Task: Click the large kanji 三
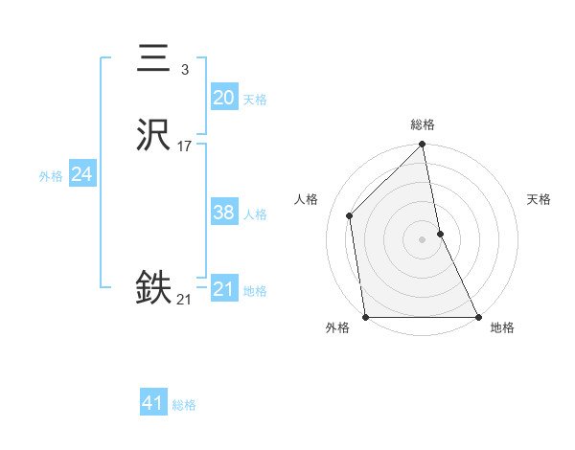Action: [153, 59]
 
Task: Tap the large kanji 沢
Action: [153, 137]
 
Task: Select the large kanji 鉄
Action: [153, 288]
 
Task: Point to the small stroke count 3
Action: [184, 70]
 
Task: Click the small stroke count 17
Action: [184, 146]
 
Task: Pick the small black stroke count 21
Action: [184, 300]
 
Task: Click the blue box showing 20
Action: [223, 98]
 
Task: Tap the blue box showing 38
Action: [223, 213]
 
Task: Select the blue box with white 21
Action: [223, 289]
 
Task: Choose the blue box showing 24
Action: [81, 174]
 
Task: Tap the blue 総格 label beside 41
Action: [184, 405]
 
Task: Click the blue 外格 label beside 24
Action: [51, 175]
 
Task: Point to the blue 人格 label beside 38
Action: [255, 214]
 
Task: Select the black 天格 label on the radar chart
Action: [540, 199]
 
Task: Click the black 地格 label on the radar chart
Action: [502, 328]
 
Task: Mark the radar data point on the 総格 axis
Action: [423, 145]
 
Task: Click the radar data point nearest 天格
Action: [440, 233]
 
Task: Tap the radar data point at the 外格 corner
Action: [366, 316]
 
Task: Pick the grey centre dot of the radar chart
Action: [423, 238]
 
